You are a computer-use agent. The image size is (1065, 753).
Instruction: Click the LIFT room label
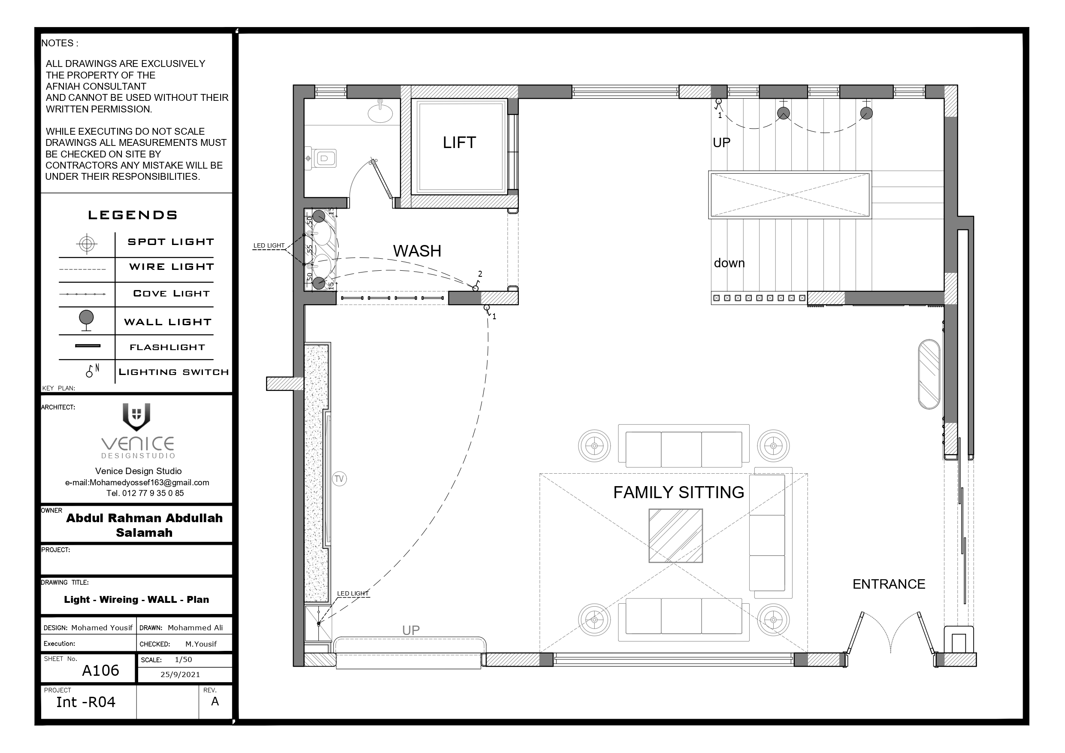tap(459, 142)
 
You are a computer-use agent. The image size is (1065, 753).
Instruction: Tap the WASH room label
tap(417, 251)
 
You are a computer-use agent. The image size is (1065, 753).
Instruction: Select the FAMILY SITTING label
tap(679, 492)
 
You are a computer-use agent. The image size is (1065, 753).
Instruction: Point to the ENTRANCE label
tap(889, 584)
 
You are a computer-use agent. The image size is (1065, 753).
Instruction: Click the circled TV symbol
tap(339, 479)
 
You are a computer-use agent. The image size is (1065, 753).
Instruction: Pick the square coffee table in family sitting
tap(675, 536)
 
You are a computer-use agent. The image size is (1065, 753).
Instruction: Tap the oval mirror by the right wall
tap(929, 375)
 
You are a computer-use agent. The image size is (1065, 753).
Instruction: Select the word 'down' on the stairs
tap(729, 263)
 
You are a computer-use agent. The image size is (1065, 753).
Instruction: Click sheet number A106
tap(101, 671)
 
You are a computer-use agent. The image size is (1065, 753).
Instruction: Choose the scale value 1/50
tap(183, 659)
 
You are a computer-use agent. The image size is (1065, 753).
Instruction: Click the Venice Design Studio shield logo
tap(136, 417)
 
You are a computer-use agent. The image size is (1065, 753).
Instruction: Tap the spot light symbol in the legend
tap(87, 244)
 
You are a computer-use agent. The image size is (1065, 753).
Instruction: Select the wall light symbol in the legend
tap(86, 321)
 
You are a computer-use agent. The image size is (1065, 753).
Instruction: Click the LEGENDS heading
tap(133, 215)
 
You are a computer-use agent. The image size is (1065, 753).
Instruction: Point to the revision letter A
tap(215, 702)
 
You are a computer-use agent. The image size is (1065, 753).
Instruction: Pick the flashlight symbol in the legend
tap(88, 346)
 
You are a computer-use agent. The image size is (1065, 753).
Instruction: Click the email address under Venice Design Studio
tap(137, 483)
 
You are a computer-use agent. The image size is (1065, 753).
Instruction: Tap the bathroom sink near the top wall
tap(380, 113)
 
